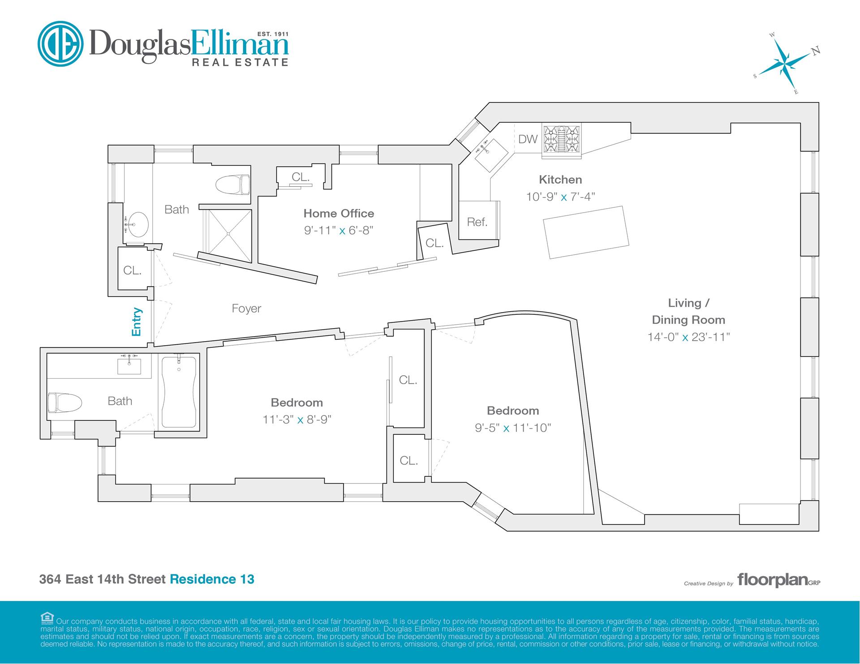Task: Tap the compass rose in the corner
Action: click(787, 63)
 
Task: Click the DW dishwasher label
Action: click(528, 139)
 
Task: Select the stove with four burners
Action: click(562, 140)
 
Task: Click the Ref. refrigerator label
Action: click(477, 222)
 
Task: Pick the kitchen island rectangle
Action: click(586, 232)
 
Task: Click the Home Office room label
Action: click(339, 213)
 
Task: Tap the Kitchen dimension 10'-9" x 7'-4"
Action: click(560, 197)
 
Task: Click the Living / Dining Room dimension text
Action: click(688, 337)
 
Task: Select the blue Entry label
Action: click(137, 322)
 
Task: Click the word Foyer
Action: click(246, 308)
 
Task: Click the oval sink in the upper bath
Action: click(137, 224)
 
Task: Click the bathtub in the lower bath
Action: click(179, 392)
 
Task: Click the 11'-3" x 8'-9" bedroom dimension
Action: click(297, 420)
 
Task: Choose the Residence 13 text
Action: click(212, 579)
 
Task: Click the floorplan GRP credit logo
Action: click(779, 580)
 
